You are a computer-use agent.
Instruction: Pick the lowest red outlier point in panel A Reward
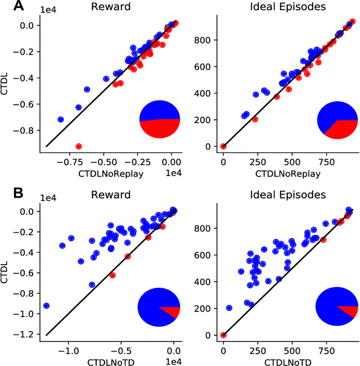(x=79, y=146)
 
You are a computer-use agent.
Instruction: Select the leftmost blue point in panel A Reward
(x=61, y=120)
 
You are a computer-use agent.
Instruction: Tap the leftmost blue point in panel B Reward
(x=47, y=306)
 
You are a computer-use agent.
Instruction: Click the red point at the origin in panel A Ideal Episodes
(x=223, y=146)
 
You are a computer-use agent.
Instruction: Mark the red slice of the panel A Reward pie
(x=160, y=129)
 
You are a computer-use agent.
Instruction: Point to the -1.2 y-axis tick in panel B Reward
(x=26, y=334)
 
